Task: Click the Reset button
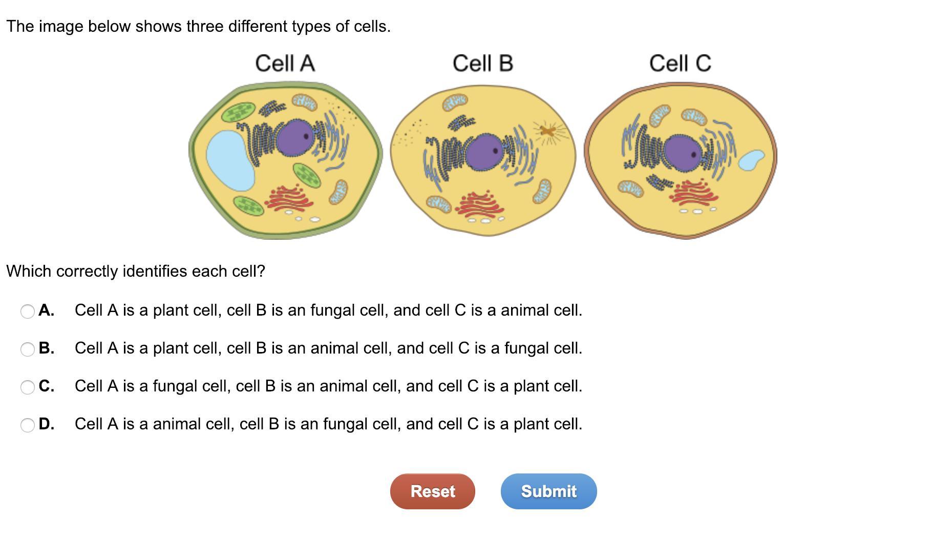(432, 491)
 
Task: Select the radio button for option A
(28, 311)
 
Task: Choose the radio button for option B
(28, 349)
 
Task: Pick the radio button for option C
(28, 387)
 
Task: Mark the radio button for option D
(28, 425)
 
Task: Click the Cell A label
(285, 64)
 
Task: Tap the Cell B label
(482, 64)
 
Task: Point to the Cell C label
(680, 64)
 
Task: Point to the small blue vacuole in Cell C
(751, 160)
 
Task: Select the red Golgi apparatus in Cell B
(480, 204)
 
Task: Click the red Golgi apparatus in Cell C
(693, 194)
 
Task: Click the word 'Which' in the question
(29, 271)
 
